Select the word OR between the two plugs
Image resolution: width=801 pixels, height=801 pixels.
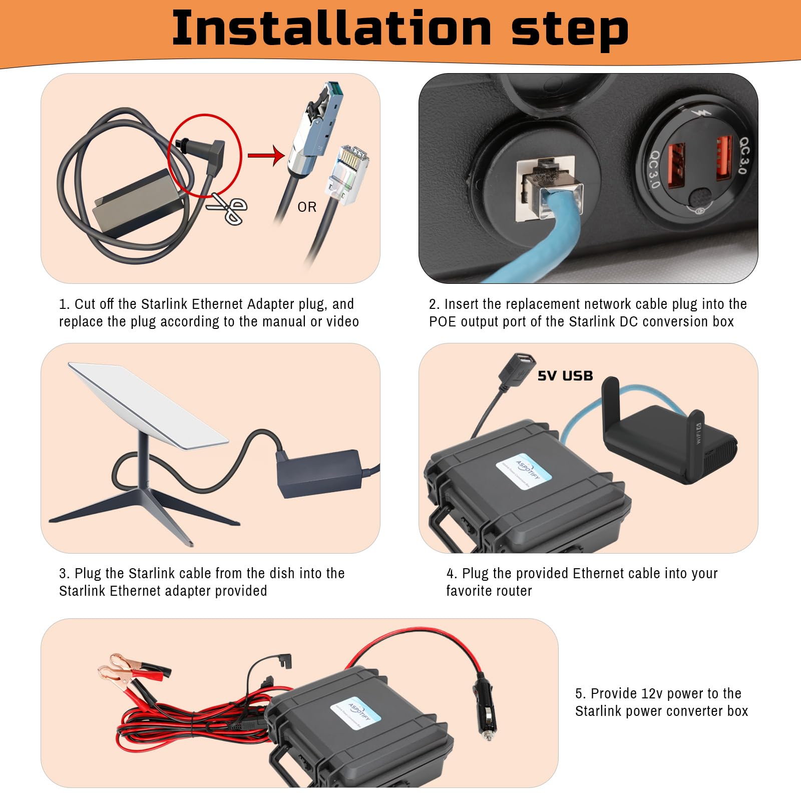307,207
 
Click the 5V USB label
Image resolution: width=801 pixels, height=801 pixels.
565,375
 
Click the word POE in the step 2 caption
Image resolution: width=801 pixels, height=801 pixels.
442,321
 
